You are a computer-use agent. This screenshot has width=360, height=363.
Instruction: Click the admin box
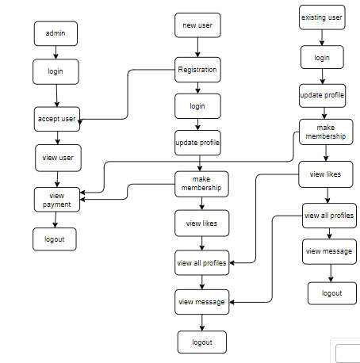[56, 33]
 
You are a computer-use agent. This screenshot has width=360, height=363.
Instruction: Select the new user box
[197, 25]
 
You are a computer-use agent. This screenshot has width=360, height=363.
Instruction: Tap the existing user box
[322, 17]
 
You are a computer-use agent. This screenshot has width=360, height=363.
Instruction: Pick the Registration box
[197, 70]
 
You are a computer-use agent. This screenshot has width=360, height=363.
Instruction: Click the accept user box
[57, 119]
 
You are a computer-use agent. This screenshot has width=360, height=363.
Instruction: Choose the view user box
[58, 158]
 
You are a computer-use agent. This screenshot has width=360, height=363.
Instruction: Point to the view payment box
[57, 200]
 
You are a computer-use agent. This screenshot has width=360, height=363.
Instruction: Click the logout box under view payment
[55, 239]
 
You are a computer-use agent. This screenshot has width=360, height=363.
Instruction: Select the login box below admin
[56, 72]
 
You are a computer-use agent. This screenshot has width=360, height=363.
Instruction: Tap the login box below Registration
[197, 106]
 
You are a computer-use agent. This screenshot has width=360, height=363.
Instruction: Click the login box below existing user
[322, 57]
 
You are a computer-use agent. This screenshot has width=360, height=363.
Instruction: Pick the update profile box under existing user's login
[322, 96]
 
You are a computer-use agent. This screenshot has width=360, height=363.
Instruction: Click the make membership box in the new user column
[201, 184]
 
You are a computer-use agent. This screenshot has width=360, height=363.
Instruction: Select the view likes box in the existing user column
[326, 174]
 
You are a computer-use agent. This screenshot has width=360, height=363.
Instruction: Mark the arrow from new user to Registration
[197, 48]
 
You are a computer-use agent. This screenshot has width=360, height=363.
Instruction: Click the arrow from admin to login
[56, 52]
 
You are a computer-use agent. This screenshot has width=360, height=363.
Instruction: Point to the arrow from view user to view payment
[57, 179]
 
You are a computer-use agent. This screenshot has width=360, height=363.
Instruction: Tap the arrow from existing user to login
[322, 37]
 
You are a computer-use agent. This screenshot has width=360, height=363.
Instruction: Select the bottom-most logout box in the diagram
[202, 342]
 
